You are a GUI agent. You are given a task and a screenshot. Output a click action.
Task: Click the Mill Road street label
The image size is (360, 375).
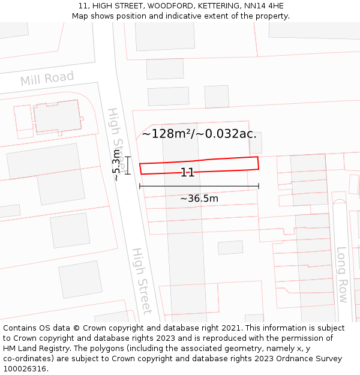point(47,79)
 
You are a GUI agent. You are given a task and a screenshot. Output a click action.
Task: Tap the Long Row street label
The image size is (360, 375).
point(341,274)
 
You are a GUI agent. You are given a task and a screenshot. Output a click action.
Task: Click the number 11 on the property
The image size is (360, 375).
point(187,173)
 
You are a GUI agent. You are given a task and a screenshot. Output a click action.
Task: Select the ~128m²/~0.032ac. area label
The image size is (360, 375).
point(199,134)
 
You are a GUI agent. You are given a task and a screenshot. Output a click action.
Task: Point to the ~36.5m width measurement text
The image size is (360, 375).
point(199,198)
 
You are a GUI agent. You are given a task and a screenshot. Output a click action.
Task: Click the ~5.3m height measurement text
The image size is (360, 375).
point(116,166)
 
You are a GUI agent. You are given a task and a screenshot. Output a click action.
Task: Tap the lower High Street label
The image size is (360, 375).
point(142,280)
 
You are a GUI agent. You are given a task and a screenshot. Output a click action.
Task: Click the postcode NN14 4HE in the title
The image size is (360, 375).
point(263,6)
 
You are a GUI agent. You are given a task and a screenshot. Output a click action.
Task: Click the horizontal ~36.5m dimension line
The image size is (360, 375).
point(199,187)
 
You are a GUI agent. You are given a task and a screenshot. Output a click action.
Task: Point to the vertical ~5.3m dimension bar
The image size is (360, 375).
point(127,166)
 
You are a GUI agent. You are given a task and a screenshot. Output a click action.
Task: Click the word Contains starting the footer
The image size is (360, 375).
point(20,328)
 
